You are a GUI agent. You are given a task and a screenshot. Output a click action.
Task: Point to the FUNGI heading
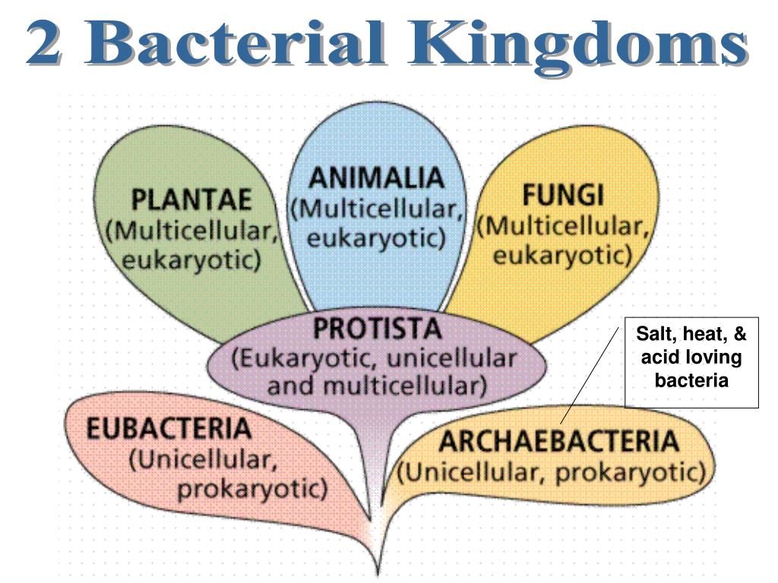coord(562,197)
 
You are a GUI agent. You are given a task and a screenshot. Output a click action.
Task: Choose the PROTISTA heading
coord(377,329)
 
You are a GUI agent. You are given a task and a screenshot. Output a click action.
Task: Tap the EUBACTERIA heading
coord(168,429)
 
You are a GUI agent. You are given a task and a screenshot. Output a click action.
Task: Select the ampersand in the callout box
coord(741,334)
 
